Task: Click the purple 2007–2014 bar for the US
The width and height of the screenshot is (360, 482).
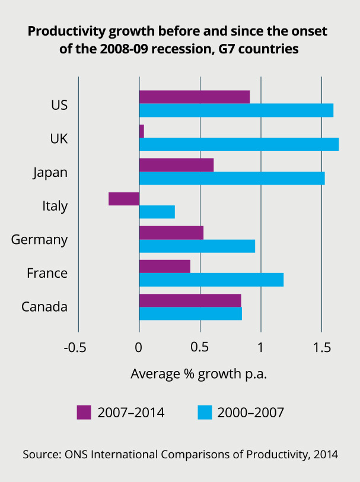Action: (194, 97)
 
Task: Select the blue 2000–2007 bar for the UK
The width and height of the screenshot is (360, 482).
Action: (238, 144)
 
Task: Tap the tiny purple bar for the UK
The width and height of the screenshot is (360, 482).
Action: (142, 131)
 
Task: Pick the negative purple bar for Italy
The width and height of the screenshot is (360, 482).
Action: (124, 199)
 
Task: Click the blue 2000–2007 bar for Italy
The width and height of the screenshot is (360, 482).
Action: (157, 211)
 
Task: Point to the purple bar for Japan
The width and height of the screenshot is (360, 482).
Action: (176, 165)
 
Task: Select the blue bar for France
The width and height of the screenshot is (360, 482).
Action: (211, 279)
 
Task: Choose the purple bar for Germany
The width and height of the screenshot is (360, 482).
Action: (171, 233)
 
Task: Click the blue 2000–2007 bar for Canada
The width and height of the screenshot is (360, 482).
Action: (190, 313)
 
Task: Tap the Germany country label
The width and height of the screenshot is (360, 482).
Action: (39, 240)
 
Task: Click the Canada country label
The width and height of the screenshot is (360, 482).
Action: (44, 307)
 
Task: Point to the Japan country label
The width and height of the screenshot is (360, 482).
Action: (50, 173)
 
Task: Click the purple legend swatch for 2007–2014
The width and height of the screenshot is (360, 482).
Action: (84, 412)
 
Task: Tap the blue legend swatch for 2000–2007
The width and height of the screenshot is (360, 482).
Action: (205, 412)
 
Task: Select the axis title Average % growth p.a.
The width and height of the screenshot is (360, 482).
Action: (199, 374)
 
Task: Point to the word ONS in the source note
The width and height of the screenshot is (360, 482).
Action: (75, 455)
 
